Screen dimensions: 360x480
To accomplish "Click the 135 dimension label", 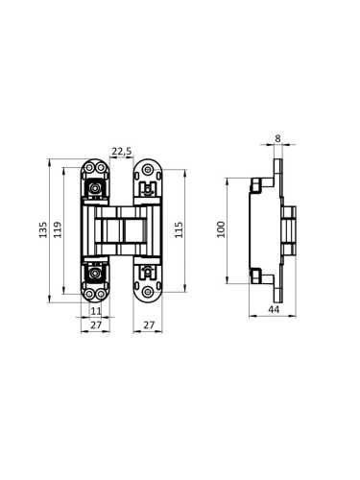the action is pyautogui.click(x=43, y=229).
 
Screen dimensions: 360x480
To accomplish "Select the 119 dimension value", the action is pyautogui.click(x=58, y=229).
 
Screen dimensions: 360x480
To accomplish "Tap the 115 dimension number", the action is pyautogui.click(x=180, y=229).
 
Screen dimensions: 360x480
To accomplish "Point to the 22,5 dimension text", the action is pyautogui.click(x=122, y=151).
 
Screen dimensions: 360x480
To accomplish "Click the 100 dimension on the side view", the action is pyautogui.click(x=221, y=229).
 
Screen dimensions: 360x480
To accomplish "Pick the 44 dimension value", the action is pyautogui.click(x=274, y=309).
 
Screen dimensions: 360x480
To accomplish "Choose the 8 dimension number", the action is pyautogui.click(x=277, y=138).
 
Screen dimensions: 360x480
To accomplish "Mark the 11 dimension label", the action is pyautogui.click(x=96, y=311).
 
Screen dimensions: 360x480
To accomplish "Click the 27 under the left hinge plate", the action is pyautogui.click(x=96, y=325).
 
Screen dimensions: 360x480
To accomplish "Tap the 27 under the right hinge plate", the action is pyautogui.click(x=148, y=325).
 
